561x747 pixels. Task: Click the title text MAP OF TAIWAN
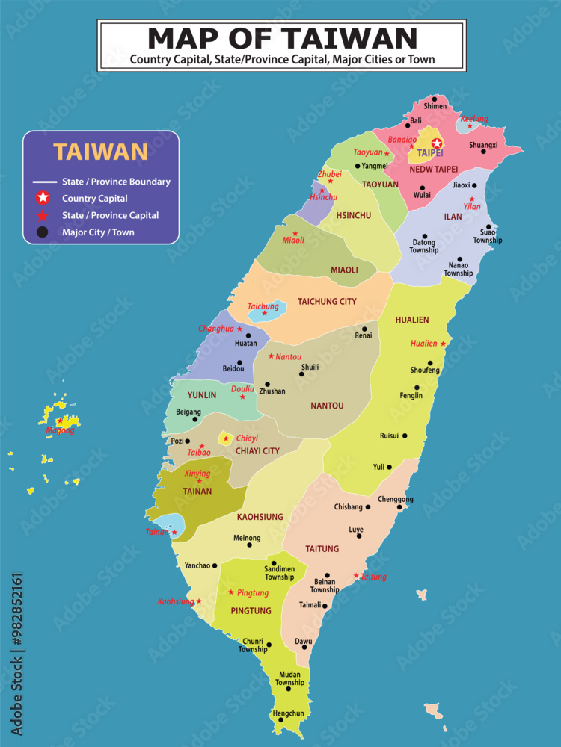(282, 37)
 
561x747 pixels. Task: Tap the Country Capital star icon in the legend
(43, 198)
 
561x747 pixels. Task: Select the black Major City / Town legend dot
(43, 232)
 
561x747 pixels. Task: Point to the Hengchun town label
(288, 713)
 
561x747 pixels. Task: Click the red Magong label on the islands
(60, 430)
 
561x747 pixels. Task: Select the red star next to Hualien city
(443, 344)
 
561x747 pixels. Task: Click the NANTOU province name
(327, 406)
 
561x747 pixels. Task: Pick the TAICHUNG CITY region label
(327, 302)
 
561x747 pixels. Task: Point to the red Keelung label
(473, 119)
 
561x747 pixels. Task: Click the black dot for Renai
(364, 329)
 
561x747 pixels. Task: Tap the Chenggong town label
(396, 499)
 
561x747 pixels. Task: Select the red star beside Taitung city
(356, 576)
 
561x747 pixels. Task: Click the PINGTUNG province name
(251, 611)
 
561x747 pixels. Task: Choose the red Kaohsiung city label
(176, 601)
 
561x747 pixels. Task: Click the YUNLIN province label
(202, 395)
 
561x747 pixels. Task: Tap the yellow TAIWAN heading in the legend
(100, 152)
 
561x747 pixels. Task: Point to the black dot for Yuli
(389, 467)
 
